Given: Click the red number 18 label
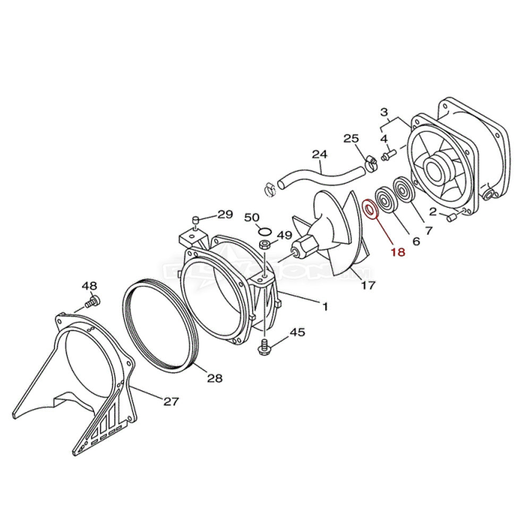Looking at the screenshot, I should pos(398,252).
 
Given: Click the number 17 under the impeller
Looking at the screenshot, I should pos(368,285).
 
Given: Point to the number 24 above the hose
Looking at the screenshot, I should pos(319,155).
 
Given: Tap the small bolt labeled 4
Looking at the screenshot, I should pos(388,156).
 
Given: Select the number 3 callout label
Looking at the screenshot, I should pos(384,113).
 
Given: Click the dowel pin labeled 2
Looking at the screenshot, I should pos(452,217).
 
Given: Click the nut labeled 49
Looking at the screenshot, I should pos(265,245).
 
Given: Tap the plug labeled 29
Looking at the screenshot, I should pos(195,220).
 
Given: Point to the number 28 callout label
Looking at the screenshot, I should pos(215,378).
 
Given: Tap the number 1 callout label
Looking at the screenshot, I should pos(325,307).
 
